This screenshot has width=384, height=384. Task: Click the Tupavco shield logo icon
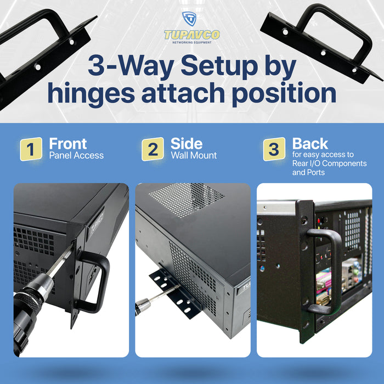pos(189,19)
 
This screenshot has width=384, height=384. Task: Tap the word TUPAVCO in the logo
pos(192,35)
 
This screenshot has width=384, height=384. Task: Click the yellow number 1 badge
pos(31,149)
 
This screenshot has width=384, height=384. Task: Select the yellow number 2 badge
pos(153,149)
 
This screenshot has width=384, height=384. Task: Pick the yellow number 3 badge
pos(274,149)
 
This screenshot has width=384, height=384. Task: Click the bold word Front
pos(68,144)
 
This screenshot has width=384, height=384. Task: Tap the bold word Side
pos(187,144)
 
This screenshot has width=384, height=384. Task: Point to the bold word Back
pos(310,144)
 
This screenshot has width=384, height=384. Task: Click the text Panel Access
pos(76,155)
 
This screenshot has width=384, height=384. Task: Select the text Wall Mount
pos(194,155)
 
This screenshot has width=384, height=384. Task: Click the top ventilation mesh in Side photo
pos(186,199)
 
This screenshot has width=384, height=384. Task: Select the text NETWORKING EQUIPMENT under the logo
pos(192,43)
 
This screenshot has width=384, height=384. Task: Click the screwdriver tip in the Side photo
pos(178,286)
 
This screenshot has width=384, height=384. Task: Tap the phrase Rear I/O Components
pos(329,163)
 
